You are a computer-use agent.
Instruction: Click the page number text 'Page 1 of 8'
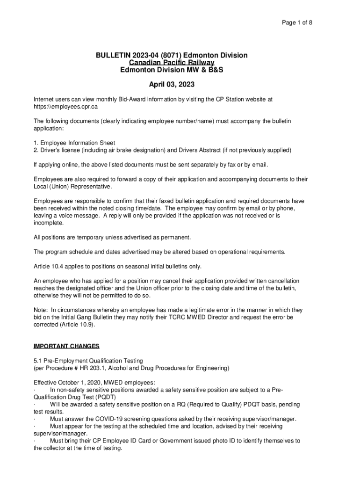[297, 22]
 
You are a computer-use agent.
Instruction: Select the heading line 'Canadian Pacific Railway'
[172, 63]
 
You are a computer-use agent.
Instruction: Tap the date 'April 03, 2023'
[172, 85]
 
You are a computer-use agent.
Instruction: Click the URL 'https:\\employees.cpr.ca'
[66, 107]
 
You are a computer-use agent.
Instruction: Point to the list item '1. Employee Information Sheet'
[74, 143]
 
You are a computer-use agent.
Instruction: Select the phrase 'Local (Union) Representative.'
[72, 187]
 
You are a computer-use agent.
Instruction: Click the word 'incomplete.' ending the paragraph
[49, 223]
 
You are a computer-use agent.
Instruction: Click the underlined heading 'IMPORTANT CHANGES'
[66, 347]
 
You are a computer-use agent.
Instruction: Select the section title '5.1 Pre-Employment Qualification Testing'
[88, 361]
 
